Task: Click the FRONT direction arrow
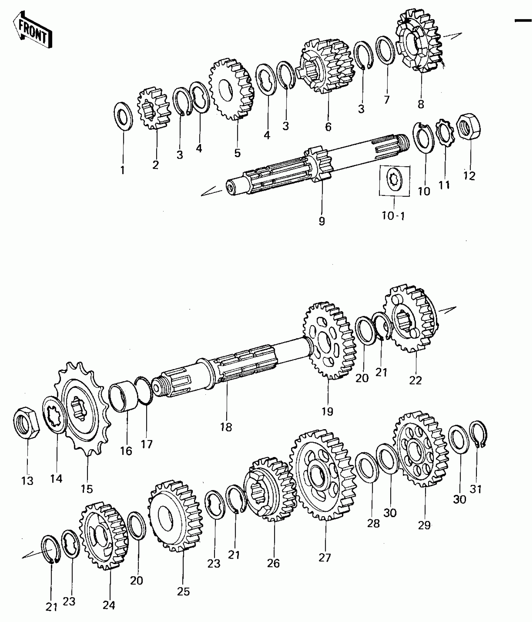pyautogui.click(x=32, y=30)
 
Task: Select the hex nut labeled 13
pyautogui.click(x=26, y=423)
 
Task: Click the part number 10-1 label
pyautogui.click(x=393, y=216)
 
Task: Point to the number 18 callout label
pyautogui.click(x=226, y=427)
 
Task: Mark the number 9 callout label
pyautogui.click(x=322, y=221)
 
